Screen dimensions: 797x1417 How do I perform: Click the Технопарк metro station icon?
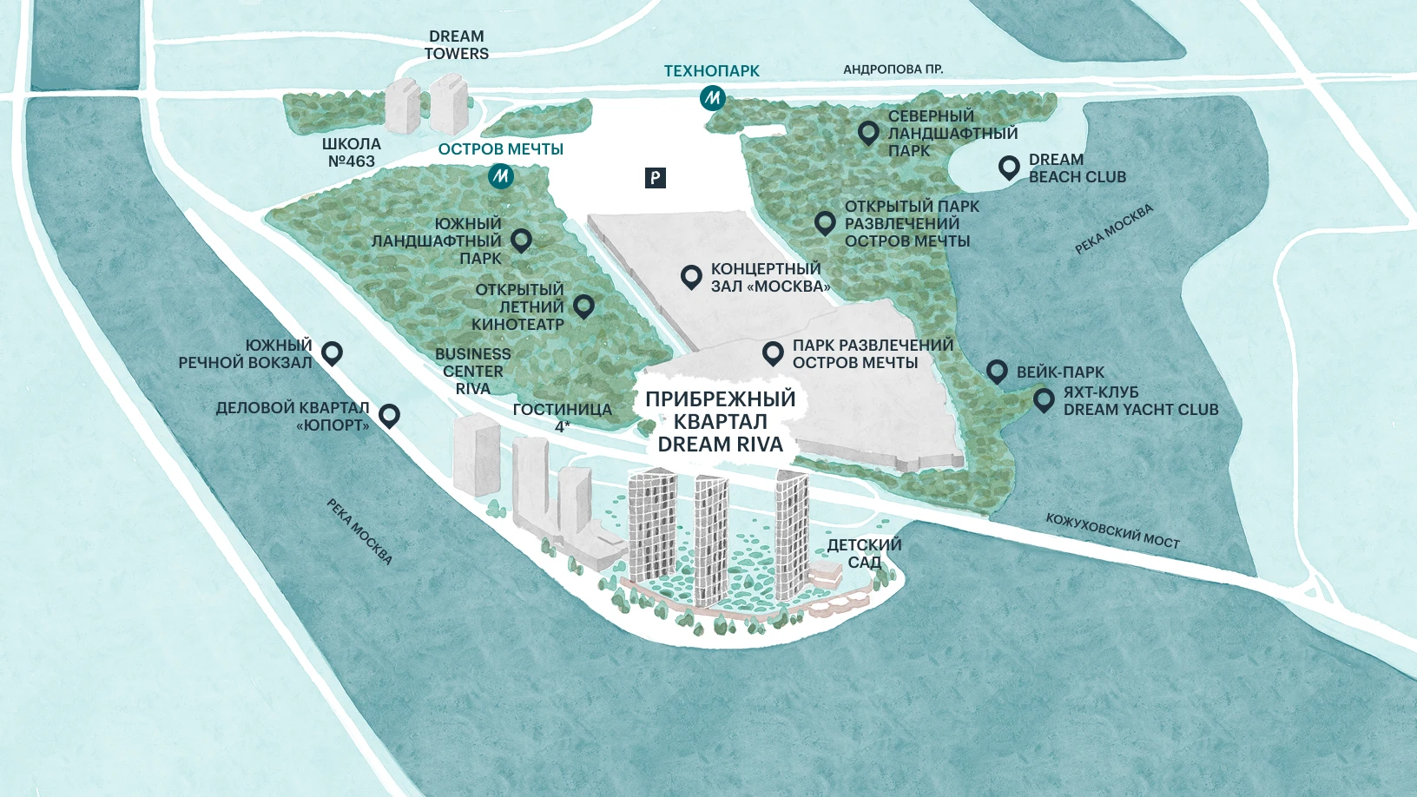[x=712, y=98]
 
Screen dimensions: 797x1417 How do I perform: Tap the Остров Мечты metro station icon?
[x=500, y=176]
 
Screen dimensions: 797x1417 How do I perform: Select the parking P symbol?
[x=656, y=178]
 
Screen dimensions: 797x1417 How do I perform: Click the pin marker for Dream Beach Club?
[x=1008, y=167]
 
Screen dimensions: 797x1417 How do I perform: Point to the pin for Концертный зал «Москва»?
[x=691, y=276]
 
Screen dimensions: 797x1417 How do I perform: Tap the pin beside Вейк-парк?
[x=997, y=372]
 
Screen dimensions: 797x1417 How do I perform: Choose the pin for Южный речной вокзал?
[x=332, y=352]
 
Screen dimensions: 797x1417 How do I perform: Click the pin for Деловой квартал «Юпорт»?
[x=389, y=415]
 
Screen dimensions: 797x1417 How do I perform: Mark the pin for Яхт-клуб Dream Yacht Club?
[x=1044, y=399]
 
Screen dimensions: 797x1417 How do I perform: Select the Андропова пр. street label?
[x=893, y=69]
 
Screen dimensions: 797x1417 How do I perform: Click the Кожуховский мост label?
[x=1112, y=530]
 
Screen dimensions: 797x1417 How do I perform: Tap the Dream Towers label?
[x=456, y=45]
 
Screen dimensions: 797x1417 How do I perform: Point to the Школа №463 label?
[x=352, y=153]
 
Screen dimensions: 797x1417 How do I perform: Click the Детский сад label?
[x=864, y=553]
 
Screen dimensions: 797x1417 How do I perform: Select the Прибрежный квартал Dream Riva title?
[x=721, y=422]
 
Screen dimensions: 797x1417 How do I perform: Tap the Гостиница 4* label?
[x=563, y=417]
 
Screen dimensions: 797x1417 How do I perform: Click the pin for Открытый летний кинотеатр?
[x=583, y=305]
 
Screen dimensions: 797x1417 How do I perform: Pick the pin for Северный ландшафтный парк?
[x=868, y=132]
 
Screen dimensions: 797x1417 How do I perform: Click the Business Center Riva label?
[x=473, y=372]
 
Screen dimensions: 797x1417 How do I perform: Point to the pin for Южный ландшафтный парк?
[x=521, y=240]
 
